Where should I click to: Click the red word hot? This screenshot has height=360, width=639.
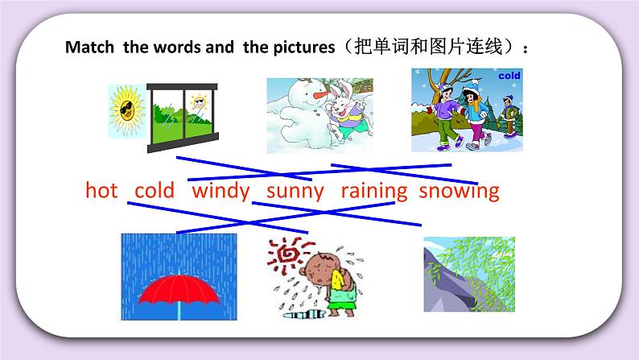[x=101, y=191]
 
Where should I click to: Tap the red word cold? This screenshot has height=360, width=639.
[x=155, y=191]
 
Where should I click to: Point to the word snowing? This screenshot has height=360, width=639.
[x=460, y=191]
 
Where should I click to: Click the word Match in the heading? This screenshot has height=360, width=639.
[x=91, y=48]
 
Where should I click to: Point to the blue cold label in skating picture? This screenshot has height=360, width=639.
[x=509, y=76]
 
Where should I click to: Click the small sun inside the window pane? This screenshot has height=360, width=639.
[x=196, y=101]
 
